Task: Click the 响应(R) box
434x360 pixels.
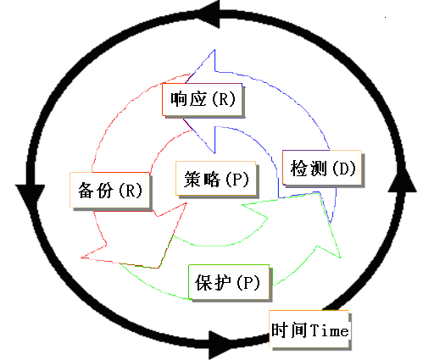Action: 202,99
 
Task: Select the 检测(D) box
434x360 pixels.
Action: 322,168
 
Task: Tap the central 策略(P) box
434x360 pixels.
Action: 216,179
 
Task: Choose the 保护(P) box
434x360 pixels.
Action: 229,282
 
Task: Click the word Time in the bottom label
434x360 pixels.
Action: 329,330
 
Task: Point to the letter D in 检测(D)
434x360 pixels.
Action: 343,169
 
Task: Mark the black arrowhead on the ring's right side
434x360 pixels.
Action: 403,180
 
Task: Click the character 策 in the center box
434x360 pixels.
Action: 192,179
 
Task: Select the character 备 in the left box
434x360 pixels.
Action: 86,191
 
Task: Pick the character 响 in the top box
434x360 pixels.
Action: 179,99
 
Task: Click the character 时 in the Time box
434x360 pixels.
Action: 280,330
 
